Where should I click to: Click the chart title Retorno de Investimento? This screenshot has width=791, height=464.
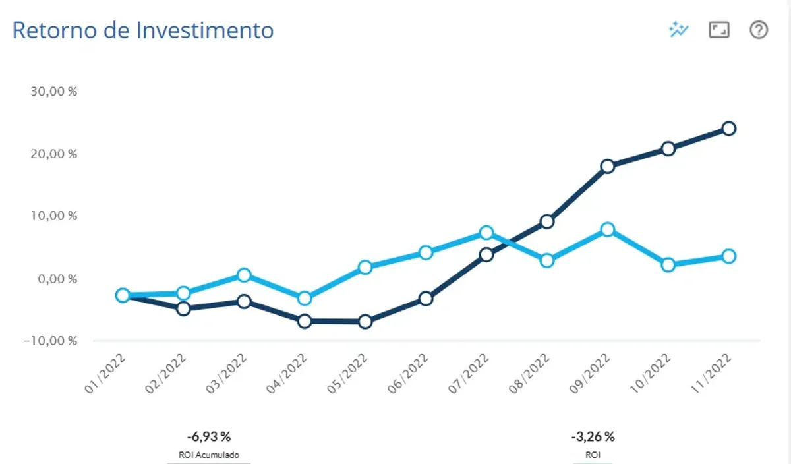pos(143,30)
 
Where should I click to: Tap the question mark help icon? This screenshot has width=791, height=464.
pos(759,30)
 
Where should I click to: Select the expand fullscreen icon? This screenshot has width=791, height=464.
pos(719,30)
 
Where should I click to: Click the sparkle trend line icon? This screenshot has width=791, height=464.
pos(678,30)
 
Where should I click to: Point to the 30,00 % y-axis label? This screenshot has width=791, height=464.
pos(53,92)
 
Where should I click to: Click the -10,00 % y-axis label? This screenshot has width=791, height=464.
pos(50,341)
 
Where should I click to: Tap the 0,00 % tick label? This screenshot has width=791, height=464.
pos(57,279)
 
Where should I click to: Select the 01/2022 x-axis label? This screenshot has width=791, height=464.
pos(105,374)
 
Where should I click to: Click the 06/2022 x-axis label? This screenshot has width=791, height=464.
pos(407,374)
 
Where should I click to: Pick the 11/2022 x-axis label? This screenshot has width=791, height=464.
pos(711,374)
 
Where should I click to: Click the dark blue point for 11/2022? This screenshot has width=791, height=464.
pos(729,129)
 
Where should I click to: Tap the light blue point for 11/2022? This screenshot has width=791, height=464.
pos(729,256)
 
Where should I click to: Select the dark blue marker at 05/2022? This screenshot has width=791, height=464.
pos(365,322)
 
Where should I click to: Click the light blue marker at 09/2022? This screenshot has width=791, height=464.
pos(607,230)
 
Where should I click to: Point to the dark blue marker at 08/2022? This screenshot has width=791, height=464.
pos(547,221)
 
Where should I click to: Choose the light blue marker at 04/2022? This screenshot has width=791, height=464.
pos(305,299)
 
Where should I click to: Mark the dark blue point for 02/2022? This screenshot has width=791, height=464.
pos(183,309)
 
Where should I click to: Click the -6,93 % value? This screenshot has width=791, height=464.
pos(209,437)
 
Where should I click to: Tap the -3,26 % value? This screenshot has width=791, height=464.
pos(593,437)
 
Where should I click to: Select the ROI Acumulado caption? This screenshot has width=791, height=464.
pos(209,455)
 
